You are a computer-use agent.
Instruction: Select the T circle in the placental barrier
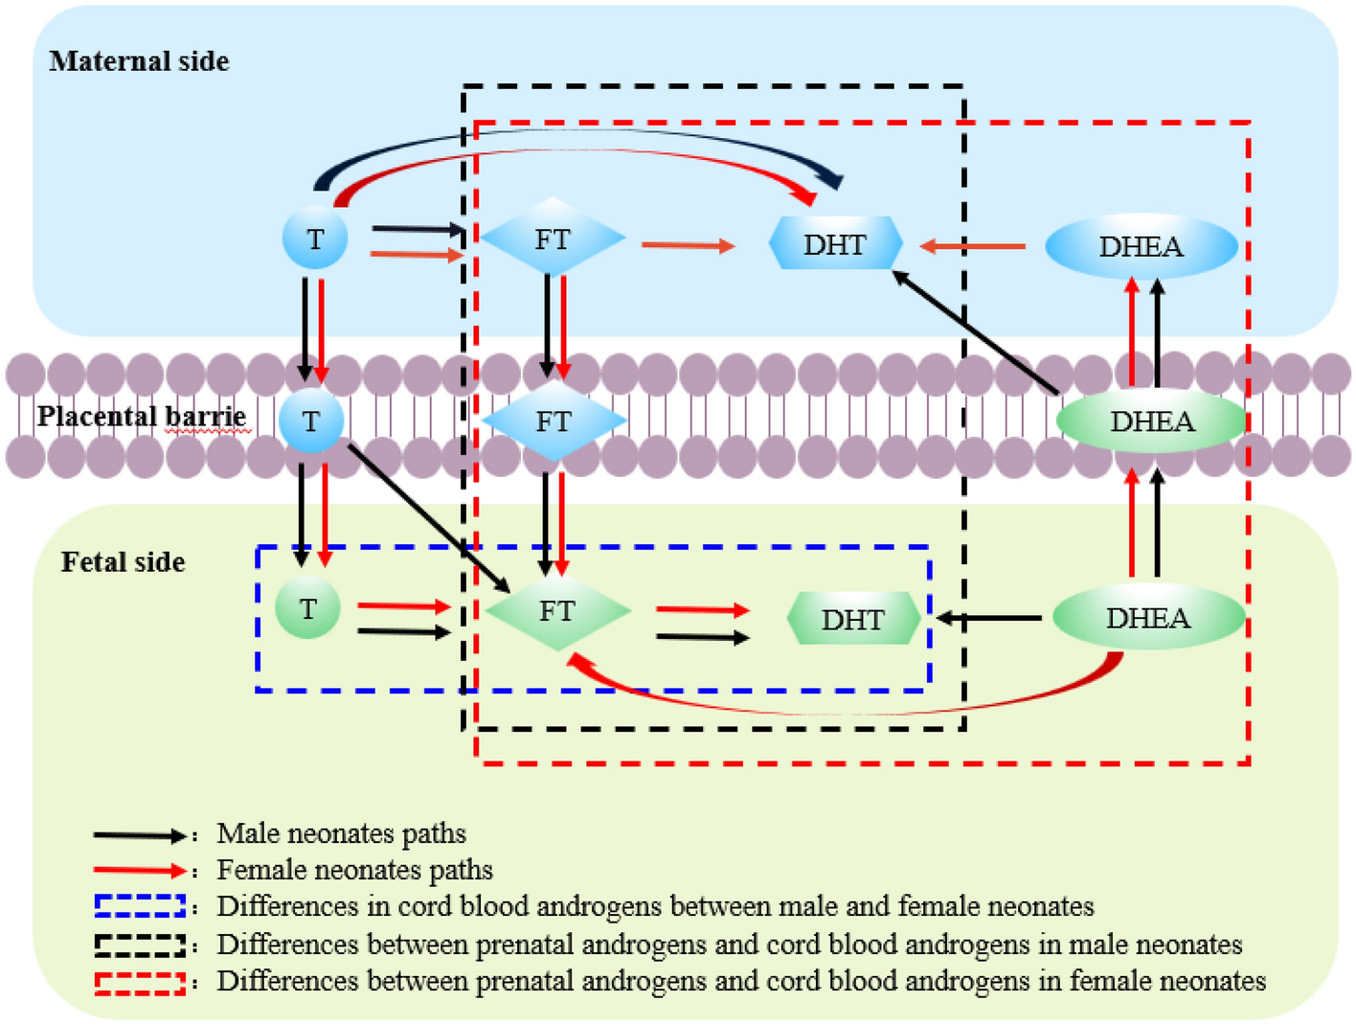[311, 421]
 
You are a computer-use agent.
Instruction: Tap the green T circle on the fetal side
[307, 607]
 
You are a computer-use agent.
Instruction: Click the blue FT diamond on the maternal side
[553, 239]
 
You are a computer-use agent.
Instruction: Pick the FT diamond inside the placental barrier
[554, 421]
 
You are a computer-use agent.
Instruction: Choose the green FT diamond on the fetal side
[557, 610]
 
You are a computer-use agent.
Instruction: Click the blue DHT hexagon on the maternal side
[835, 244]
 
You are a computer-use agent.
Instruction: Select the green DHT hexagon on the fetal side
[852, 619]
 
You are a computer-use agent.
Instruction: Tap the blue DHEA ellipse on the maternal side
[1141, 246]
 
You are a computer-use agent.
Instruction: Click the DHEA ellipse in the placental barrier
[1151, 421]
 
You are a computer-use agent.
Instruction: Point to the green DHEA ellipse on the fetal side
[1148, 618]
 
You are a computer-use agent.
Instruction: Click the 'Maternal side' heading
[139, 61]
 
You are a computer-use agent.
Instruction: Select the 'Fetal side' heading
[123, 561]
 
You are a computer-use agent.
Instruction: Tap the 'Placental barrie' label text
[142, 417]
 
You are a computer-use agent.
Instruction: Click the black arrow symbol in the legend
[139, 835]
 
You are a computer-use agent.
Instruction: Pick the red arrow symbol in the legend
[139, 871]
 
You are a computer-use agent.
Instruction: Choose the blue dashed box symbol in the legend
[140, 906]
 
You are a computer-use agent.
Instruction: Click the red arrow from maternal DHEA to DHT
[972, 246]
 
